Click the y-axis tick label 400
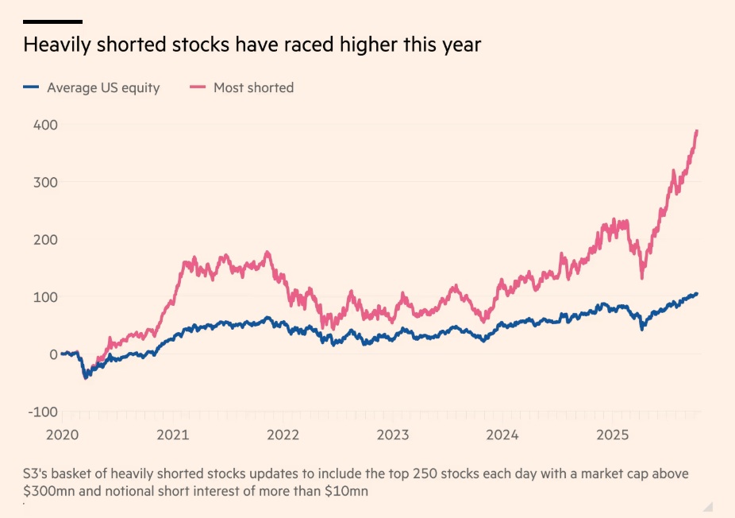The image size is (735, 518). pyautogui.click(x=44, y=125)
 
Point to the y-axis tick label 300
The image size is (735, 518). pyautogui.click(x=44, y=182)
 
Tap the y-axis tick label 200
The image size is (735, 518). pyautogui.click(x=44, y=239)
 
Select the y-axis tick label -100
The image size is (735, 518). pyautogui.click(x=43, y=412)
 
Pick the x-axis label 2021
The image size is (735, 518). pyautogui.click(x=172, y=435)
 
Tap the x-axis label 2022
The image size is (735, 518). pyautogui.click(x=283, y=435)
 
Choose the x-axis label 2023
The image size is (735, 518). pyautogui.click(x=393, y=435)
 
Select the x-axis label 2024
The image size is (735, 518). pyautogui.click(x=502, y=435)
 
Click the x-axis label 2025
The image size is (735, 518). pyautogui.click(x=613, y=435)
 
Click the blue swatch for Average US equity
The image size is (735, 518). pyautogui.click(x=31, y=87)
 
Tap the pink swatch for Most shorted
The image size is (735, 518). pyautogui.click(x=198, y=87)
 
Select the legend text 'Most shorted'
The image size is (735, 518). pyautogui.click(x=253, y=87)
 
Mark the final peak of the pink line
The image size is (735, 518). pyautogui.click(x=697, y=131)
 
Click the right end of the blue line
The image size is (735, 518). pyautogui.click(x=697, y=294)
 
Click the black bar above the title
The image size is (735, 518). pyautogui.click(x=52, y=21)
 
